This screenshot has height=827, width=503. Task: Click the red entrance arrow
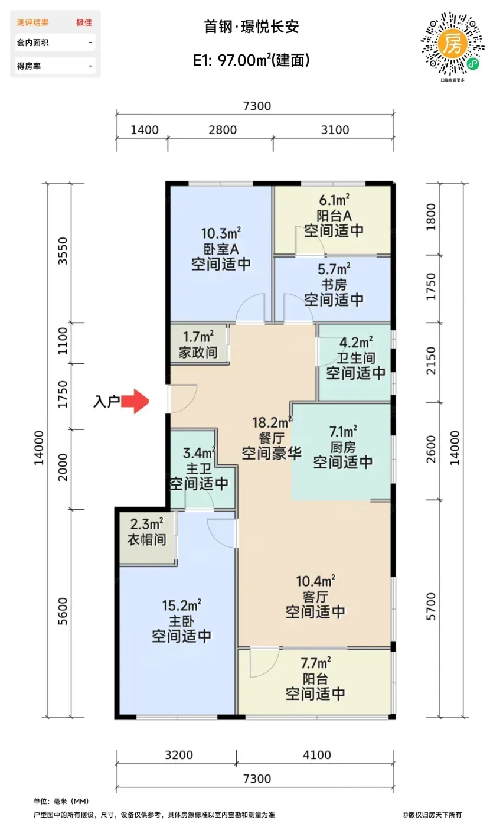pos(135,401)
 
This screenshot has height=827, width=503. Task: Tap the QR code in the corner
pos(453,44)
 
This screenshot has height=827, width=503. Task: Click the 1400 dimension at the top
pos(145,130)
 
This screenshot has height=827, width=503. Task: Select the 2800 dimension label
pos(223,130)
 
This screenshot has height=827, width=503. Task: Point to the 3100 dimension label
pos(335,130)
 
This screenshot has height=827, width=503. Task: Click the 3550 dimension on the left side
pos(63,250)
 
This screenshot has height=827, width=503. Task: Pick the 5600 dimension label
pos(63,611)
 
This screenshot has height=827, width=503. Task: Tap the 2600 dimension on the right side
pos(431,450)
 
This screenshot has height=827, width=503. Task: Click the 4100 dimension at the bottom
pos(317,755)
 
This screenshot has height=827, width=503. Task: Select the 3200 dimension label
pos(179,755)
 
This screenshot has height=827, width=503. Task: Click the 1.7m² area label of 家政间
pos(198,336)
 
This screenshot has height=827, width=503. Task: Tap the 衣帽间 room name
pos(147,539)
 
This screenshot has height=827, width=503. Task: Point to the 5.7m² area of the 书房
pos(334,269)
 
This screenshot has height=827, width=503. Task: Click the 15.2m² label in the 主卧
pos(182,605)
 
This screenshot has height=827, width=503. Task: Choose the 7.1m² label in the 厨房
pos(343,431)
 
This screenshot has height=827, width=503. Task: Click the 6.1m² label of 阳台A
pos(334,200)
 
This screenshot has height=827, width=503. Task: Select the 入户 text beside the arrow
pos(106,401)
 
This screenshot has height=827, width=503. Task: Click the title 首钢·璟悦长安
pos(251,27)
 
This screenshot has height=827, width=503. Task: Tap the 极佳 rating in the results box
pos(84,22)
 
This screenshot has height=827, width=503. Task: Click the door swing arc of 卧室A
pos(245,300)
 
